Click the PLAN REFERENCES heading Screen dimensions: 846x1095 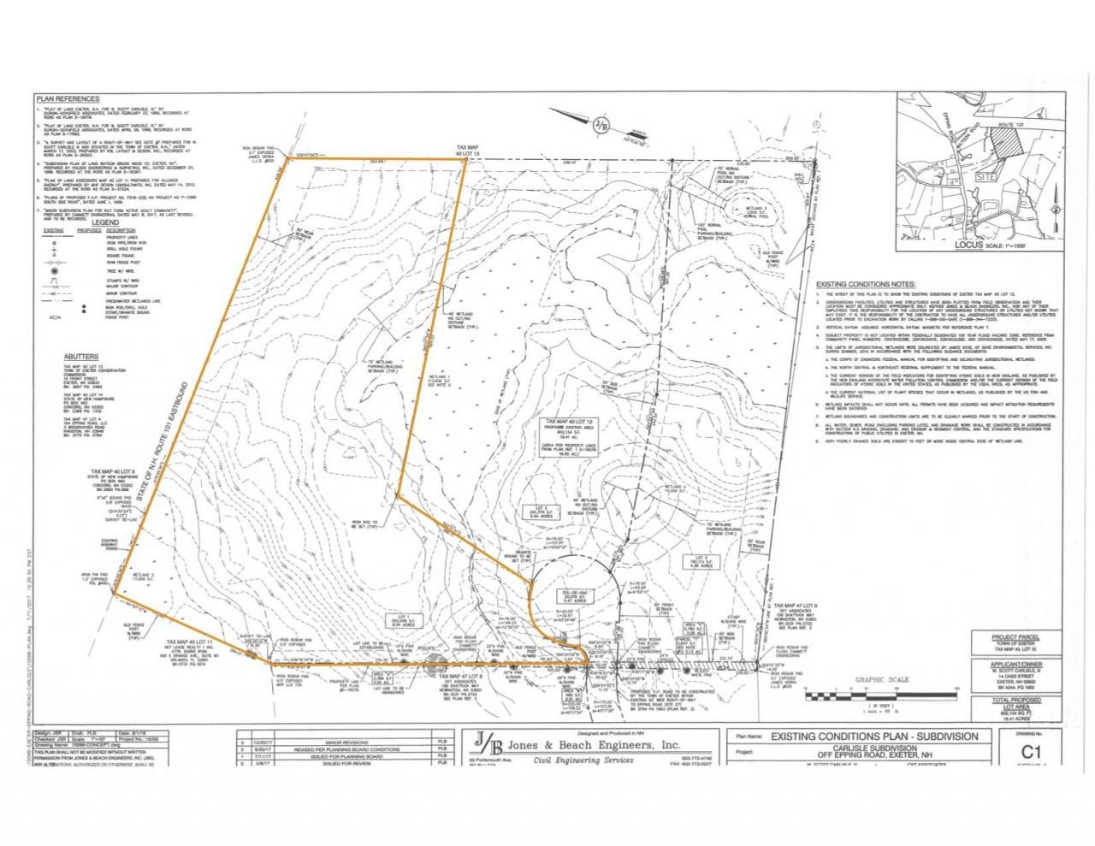point(68,99)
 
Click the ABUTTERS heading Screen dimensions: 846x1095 point(81,357)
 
